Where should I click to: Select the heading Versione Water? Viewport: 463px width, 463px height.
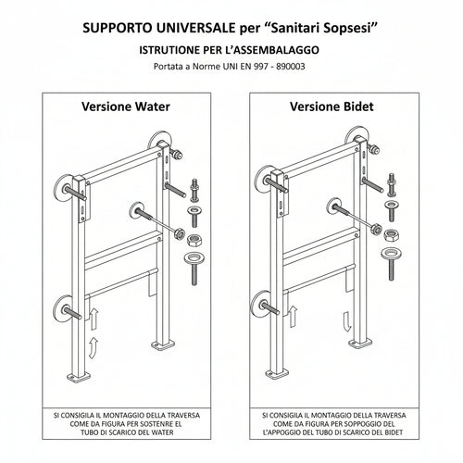click(x=127, y=106)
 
